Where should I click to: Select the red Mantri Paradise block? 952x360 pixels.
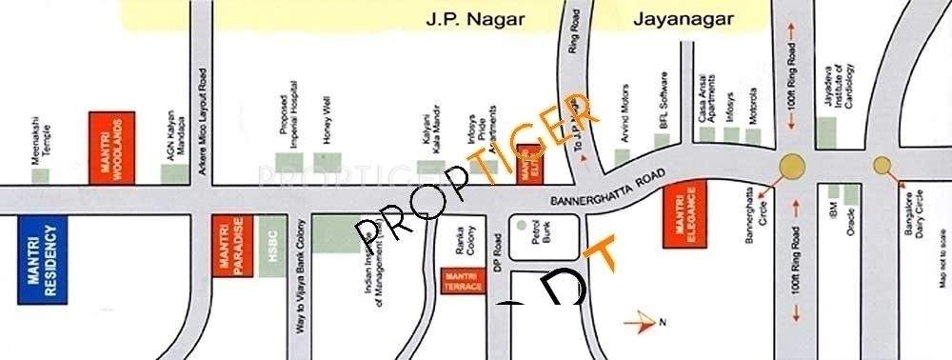tap(228, 246)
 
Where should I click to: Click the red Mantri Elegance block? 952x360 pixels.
tap(685, 212)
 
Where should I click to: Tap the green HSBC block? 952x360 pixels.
tap(272, 246)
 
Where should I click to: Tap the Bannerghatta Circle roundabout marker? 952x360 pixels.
tap(792, 166)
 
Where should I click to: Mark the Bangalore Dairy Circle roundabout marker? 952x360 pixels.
tap(882, 164)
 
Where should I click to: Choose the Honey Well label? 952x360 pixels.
tap(326, 119)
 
